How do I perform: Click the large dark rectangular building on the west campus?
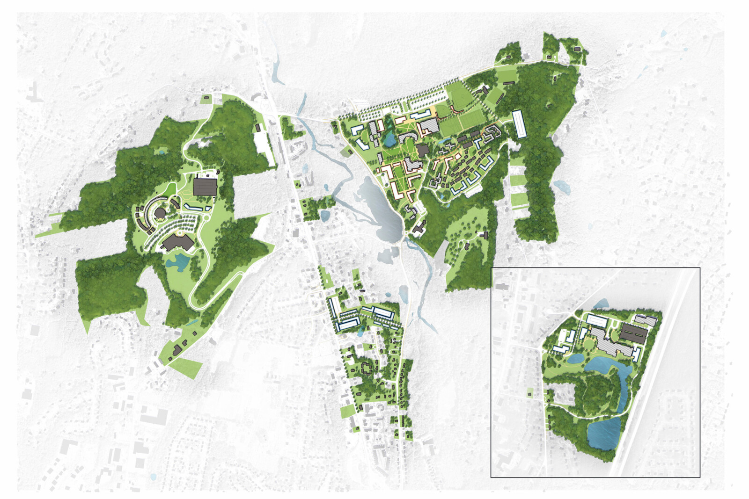[x=205, y=186]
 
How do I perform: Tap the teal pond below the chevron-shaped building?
[x=177, y=260]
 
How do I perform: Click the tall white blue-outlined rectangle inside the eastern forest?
[x=518, y=124]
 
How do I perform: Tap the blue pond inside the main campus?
[x=389, y=138]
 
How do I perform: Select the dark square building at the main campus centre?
[x=423, y=150]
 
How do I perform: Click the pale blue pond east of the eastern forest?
[x=562, y=187]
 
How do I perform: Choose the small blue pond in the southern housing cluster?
[x=360, y=332]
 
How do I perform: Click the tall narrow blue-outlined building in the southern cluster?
[x=334, y=308]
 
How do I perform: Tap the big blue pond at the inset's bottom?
[x=604, y=434]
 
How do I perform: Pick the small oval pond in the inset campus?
[x=575, y=359]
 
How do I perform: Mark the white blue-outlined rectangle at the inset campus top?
[x=597, y=320]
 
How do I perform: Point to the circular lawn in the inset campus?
[x=587, y=344]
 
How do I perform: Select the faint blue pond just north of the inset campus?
[x=601, y=304]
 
